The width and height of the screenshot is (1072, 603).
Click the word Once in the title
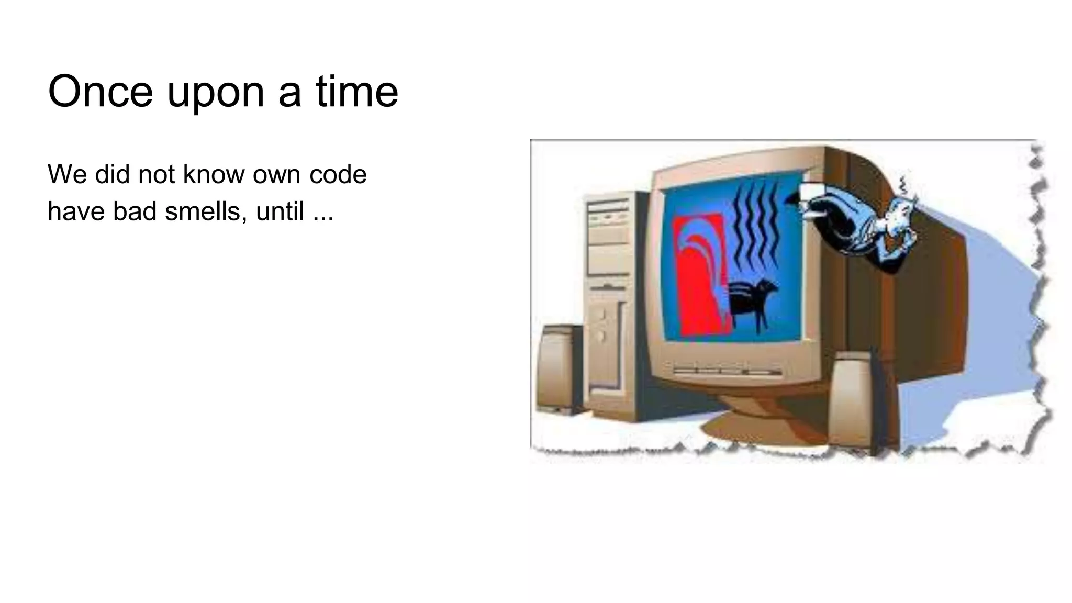[x=100, y=92]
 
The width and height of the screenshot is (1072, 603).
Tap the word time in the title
[x=357, y=92]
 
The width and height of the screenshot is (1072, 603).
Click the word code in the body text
[x=338, y=174]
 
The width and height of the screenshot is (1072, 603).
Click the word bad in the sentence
[x=135, y=211]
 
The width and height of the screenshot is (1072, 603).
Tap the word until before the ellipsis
[x=280, y=211]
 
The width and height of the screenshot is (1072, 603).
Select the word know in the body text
[x=212, y=174]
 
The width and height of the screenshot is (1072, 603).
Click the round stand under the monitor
[x=754, y=419]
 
